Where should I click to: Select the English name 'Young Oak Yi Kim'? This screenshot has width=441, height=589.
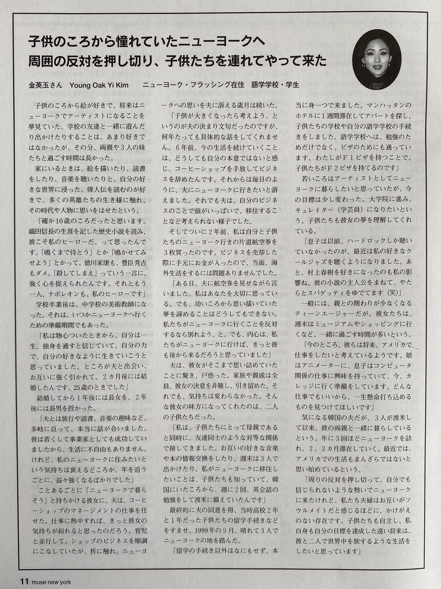pos(99,85)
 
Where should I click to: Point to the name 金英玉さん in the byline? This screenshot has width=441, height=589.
pos(45,85)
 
